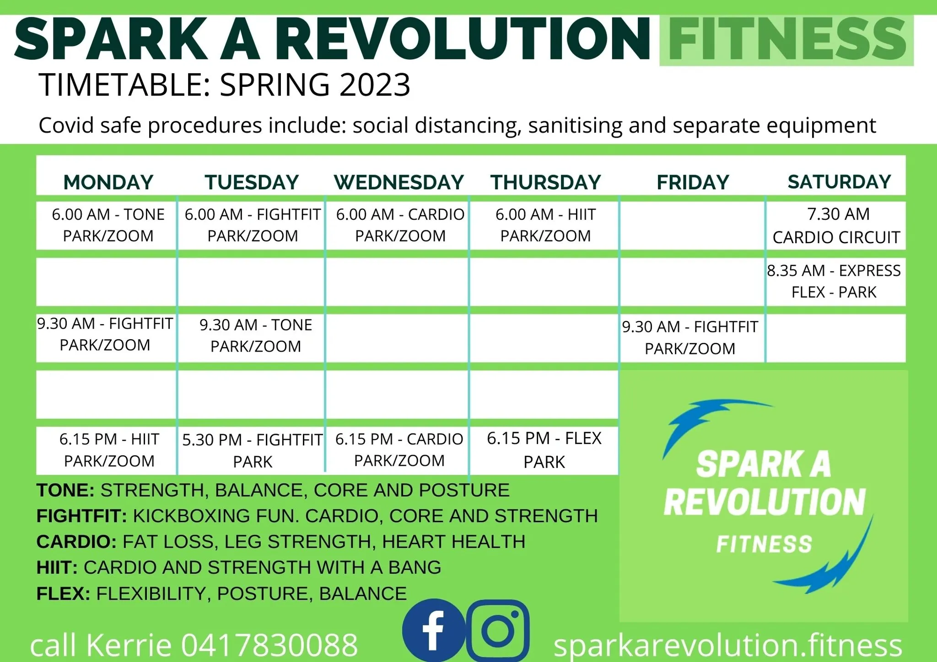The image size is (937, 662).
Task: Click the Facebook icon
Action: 433,630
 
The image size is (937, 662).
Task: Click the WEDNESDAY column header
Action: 399,182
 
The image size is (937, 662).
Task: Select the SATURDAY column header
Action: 839,182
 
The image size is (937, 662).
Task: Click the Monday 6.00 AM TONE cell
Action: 108,225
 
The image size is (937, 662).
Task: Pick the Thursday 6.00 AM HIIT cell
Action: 545,225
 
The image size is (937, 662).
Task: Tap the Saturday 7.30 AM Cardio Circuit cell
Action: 836,225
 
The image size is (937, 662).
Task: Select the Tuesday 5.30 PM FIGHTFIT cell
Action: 252,450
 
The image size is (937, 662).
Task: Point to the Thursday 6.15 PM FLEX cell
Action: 544,450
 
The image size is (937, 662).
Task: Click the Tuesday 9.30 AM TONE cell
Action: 255,336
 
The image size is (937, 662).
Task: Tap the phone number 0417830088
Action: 269,645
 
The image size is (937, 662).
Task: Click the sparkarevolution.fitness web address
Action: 727,645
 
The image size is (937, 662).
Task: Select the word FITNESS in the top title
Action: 787,39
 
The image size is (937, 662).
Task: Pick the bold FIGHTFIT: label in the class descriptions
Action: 81,516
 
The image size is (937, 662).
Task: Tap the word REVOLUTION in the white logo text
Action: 765,502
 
